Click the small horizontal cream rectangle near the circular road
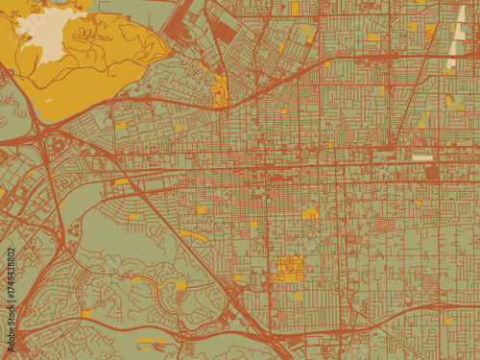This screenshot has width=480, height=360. click(422, 156)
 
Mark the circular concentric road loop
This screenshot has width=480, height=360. click(431, 173)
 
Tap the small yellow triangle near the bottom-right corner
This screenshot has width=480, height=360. click(449, 321)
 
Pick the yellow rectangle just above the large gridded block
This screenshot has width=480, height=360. click(310, 213)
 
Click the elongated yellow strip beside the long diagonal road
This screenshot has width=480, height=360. click(192, 234)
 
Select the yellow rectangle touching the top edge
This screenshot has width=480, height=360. click(295, 7)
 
